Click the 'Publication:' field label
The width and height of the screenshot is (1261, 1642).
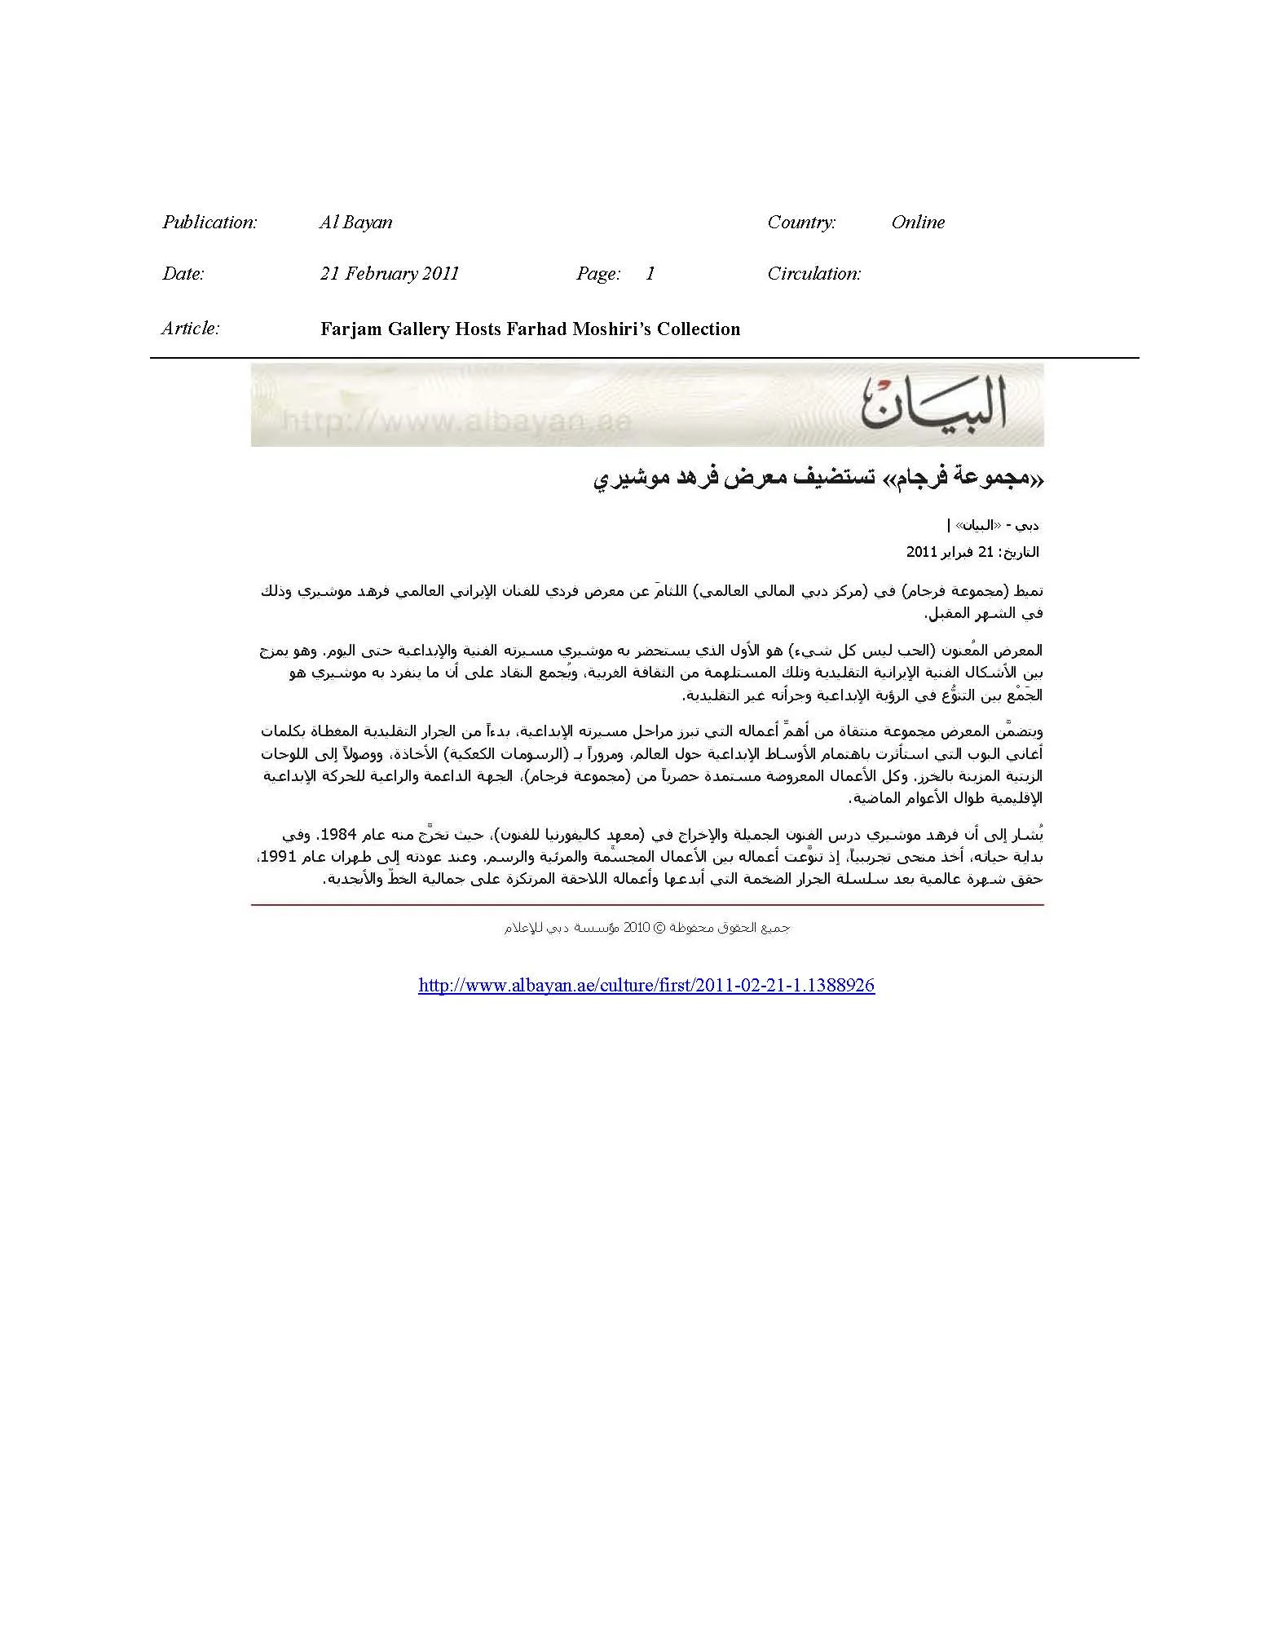click(x=209, y=223)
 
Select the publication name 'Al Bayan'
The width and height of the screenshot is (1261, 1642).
click(x=355, y=223)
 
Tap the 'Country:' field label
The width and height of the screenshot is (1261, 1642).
click(x=801, y=223)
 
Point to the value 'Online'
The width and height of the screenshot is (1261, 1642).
click(x=918, y=223)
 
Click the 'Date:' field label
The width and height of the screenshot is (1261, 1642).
click(x=183, y=274)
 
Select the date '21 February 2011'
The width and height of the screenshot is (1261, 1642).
click(x=390, y=274)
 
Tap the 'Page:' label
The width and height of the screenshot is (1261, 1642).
click(x=598, y=274)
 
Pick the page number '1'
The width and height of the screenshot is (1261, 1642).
click(x=650, y=274)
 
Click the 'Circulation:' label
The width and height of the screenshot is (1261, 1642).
click(x=814, y=274)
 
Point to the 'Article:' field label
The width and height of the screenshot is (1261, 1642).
click(x=191, y=329)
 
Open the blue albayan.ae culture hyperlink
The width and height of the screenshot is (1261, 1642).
click(x=646, y=986)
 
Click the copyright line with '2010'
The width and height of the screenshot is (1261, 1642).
click(x=646, y=928)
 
